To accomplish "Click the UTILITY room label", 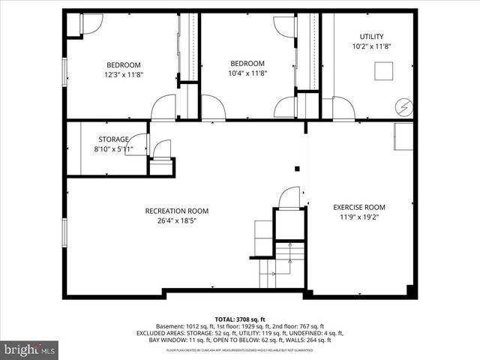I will pos(371,36).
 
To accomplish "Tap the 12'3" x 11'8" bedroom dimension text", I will pos(123,74).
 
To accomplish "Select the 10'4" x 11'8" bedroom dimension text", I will pos(247,73).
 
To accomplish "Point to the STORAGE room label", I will pos(114,139).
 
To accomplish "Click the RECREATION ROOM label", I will pos(177,211).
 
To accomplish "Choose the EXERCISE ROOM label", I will pos(359,207).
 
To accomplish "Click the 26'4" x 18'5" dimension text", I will pos(177,220).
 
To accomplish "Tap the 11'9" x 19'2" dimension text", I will pos(359,217).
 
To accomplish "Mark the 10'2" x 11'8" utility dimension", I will pos(371,46).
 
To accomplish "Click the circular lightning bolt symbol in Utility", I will pos(404,108).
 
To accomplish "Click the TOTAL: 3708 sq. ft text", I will pos(239,319).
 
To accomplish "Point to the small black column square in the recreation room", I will pos(298,169).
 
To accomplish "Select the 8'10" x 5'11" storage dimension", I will pos(114,149).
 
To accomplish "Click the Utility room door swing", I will pos(343,109).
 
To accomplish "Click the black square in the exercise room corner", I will pos(409,289).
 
